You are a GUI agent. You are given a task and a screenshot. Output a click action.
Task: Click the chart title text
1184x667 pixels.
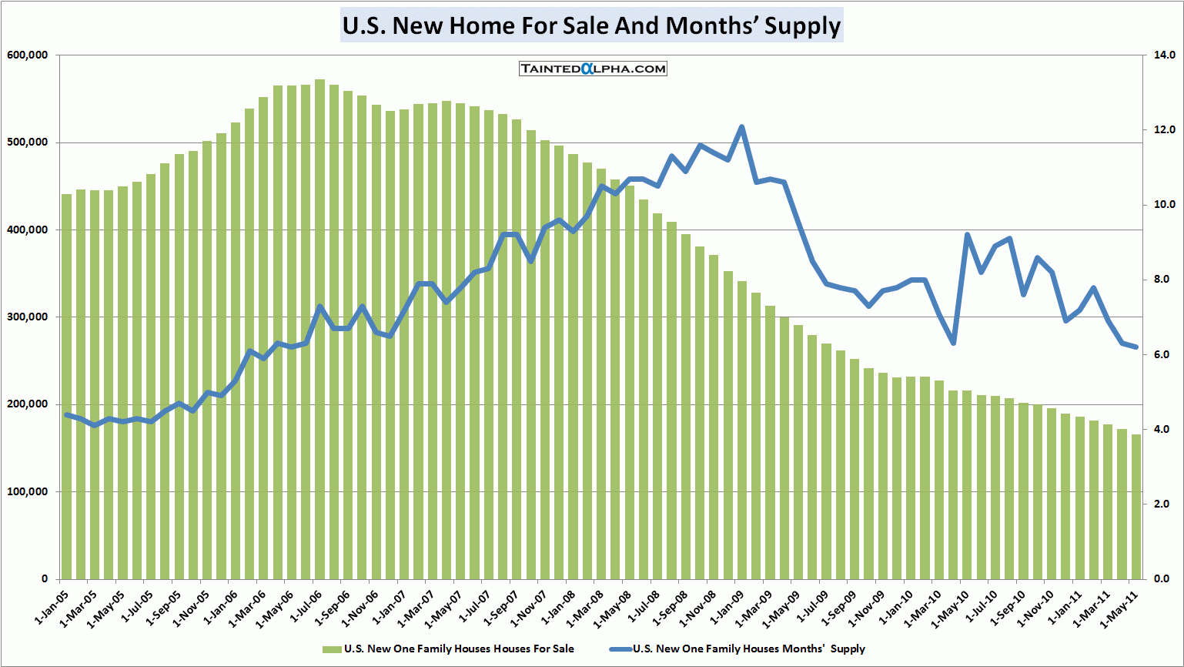(x=591, y=25)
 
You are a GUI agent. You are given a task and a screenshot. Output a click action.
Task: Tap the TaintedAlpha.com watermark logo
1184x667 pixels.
(x=593, y=69)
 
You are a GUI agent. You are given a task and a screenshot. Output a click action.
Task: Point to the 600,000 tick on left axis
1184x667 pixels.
(x=27, y=55)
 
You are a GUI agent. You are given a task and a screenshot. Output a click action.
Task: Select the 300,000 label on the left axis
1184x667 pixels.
(x=27, y=317)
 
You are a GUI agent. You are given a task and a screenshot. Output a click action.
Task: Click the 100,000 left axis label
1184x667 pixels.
(x=27, y=491)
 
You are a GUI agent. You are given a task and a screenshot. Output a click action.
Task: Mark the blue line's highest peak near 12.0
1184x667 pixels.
(x=741, y=127)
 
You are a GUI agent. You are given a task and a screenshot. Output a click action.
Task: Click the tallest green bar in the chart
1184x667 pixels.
(x=319, y=331)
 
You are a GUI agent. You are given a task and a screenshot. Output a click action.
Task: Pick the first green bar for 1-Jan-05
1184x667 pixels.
(x=67, y=385)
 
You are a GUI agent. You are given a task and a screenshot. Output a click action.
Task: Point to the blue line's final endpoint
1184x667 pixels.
(x=1136, y=347)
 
